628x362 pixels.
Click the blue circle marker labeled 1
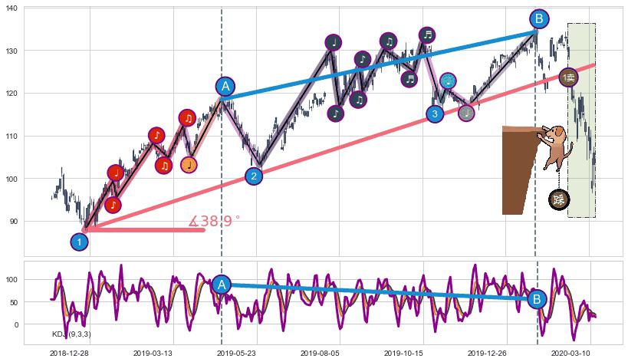(x=79, y=242)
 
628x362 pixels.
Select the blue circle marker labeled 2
(x=254, y=176)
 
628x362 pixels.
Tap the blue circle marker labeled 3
(x=435, y=114)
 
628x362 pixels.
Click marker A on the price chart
(x=225, y=87)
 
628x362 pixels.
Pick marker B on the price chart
(x=538, y=19)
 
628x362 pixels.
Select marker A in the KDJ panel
(x=221, y=285)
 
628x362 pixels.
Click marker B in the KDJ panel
(x=537, y=299)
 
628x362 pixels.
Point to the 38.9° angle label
(x=214, y=222)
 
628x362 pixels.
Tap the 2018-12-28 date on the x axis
(x=69, y=353)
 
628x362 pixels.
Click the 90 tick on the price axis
(x=15, y=222)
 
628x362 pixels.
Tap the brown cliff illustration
(x=516, y=169)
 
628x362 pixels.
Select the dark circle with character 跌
(x=559, y=200)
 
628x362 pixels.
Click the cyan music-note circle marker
(x=449, y=81)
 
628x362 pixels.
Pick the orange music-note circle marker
(x=189, y=164)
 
